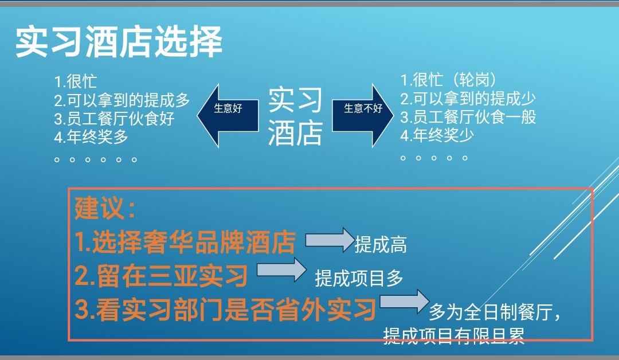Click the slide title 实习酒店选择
click(x=119, y=42)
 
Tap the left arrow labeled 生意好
click(x=228, y=115)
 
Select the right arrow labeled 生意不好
click(x=363, y=115)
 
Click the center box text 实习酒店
click(x=295, y=116)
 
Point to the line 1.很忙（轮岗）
click(x=448, y=80)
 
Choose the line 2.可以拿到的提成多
click(x=122, y=100)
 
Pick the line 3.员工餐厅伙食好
click(x=114, y=119)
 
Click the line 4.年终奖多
click(x=91, y=137)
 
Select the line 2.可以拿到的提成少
click(x=468, y=99)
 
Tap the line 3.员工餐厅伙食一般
click(x=468, y=117)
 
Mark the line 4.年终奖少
click(x=437, y=135)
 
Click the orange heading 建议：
click(x=105, y=208)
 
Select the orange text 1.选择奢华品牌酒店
click(x=185, y=241)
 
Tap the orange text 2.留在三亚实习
click(x=161, y=276)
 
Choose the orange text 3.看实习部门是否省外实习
click(x=225, y=309)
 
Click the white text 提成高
click(x=381, y=244)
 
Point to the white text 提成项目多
click(x=359, y=278)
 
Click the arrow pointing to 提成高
click(x=330, y=240)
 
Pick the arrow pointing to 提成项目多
click(x=281, y=269)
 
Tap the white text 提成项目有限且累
click(x=454, y=336)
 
